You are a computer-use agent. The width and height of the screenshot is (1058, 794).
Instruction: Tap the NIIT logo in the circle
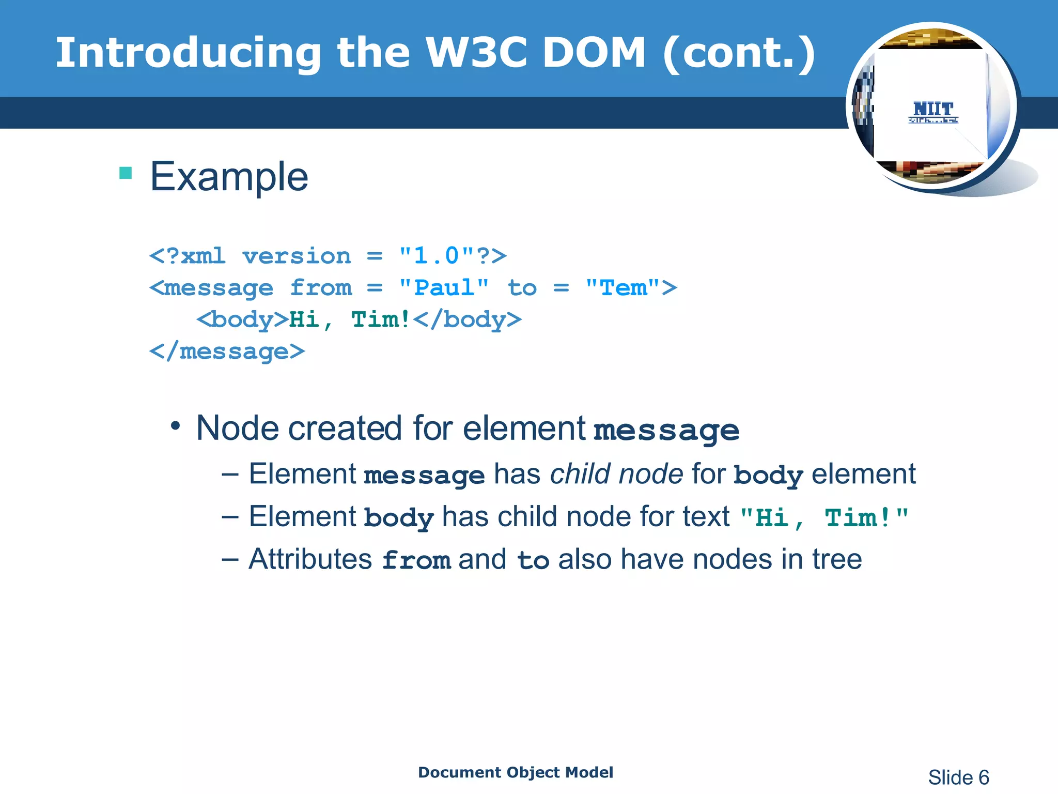pyautogui.click(x=933, y=112)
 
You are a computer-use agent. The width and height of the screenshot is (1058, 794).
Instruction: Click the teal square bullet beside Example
pyautogui.click(x=126, y=173)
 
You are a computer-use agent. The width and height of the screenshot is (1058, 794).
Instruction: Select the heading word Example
pyautogui.click(x=229, y=177)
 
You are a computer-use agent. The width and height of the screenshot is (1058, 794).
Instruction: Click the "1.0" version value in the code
pyautogui.click(x=437, y=256)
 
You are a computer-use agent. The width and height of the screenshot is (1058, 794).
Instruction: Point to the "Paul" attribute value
pyautogui.click(x=444, y=288)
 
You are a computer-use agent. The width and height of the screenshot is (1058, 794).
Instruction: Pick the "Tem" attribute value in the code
pyautogui.click(x=623, y=288)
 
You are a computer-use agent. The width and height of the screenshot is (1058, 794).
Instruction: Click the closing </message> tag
pyautogui.click(x=227, y=352)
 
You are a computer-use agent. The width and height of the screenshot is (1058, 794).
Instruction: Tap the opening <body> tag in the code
pyautogui.click(x=242, y=320)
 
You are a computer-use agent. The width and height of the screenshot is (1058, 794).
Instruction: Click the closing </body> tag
pyautogui.click(x=468, y=320)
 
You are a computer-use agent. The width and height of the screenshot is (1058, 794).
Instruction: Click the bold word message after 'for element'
pyautogui.click(x=666, y=430)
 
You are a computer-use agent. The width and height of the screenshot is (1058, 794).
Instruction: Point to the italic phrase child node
pyautogui.click(x=616, y=474)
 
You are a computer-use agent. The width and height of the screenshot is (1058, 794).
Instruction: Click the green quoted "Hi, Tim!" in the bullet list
pyautogui.click(x=824, y=517)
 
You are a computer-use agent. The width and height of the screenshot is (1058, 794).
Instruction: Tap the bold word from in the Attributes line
pyautogui.click(x=416, y=560)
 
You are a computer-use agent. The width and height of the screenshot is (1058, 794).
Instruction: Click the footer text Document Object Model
pyautogui.click(x=516, y=772)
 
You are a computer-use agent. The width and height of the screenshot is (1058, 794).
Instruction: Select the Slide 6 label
pyautogui.click(x=958, y=777)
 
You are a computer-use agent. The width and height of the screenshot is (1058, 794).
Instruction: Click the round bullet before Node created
pyautogui.click(x=176, y=426)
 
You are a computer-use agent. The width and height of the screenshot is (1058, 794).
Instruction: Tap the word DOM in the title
pyautogui.click(x=594, y=53)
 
